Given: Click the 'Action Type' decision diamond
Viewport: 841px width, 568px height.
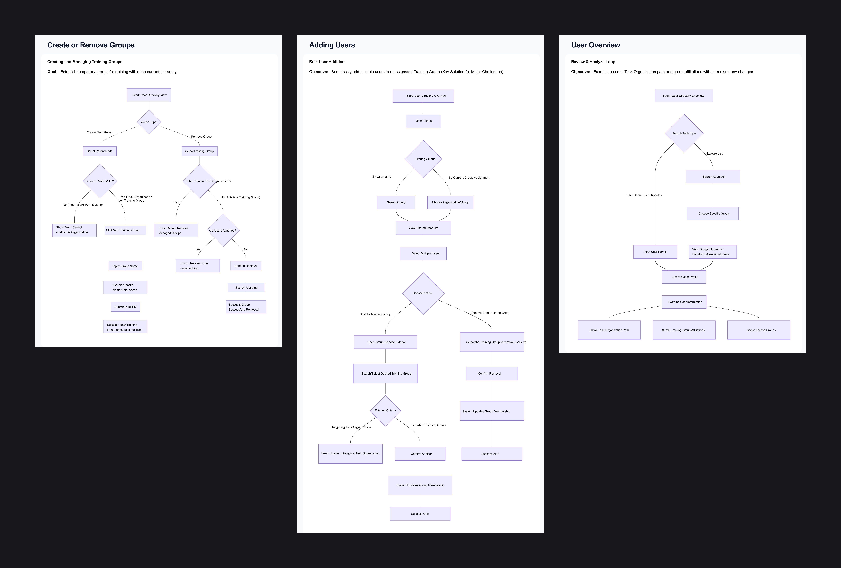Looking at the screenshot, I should pos(149,122).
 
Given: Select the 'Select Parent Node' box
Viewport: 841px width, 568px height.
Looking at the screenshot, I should pos(99,151).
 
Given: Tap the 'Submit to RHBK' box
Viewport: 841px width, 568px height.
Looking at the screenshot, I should pos(125,307).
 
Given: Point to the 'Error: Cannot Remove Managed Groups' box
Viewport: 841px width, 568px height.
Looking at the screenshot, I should pos(176,230).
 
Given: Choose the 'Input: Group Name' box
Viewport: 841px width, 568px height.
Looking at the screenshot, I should pos(125,266).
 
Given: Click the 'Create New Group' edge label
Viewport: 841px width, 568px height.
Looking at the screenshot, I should pos(99,132).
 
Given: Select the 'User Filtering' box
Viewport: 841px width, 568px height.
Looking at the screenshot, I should pos(423,121).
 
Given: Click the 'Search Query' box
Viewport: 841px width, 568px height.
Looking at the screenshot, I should pos(396,202).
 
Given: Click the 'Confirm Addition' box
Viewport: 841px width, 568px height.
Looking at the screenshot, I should pos(420,454).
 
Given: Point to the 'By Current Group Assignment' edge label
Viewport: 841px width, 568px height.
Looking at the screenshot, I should pos(469,178).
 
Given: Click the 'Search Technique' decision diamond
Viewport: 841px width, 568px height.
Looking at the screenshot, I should pos(684,134).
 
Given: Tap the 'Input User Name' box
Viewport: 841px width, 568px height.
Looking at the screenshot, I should pos(655,252).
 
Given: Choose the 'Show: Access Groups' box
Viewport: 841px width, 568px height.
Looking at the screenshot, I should pos(759,330).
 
